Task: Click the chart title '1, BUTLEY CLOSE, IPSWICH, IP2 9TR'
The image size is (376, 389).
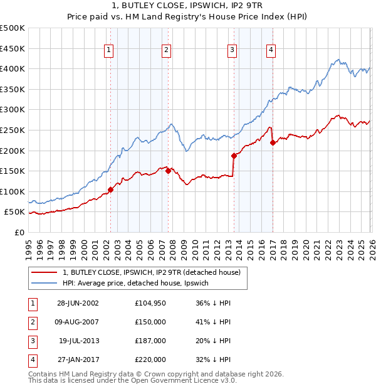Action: [x=188, y=7]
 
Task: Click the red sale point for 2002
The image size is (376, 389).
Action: [x=110, y=189]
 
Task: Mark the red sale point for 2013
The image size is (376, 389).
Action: [x=233, y=156]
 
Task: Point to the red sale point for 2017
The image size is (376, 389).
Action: [x=273, y=142]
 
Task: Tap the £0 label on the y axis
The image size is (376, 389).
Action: [x=19, y=232]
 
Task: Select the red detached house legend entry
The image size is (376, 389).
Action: [x=155, y=272]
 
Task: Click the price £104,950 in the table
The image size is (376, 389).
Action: [x=150, y=303]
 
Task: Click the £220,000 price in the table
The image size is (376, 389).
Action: [x=150, y=360]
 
